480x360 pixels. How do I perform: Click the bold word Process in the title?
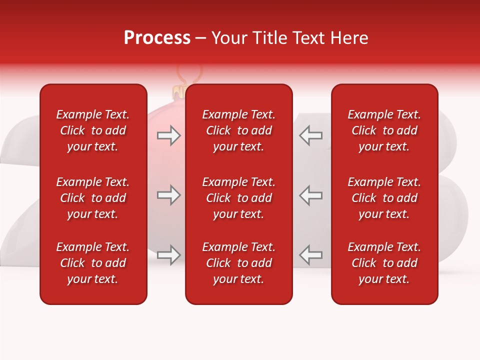tap(157, 38)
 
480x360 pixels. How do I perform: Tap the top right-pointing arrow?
tap(168, 135)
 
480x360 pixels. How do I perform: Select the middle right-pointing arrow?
tap(168, 195)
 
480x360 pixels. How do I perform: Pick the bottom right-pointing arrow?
tap(168, 255)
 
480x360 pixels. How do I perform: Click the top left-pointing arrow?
tap(310, 135)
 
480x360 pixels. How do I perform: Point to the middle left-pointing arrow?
tap(310, 195)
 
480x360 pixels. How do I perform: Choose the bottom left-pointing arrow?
tap(310, 255)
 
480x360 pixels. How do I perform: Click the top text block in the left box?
tap(93, 130)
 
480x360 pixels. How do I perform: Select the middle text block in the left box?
tap(93, 198)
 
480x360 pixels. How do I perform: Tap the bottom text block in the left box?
tap(93, 263)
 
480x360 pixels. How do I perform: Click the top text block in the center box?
tap(239, 130)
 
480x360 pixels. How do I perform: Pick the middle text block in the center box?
tap(239, 198)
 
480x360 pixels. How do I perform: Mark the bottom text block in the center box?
tap(239, 263)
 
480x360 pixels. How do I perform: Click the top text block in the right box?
tap(384, 130)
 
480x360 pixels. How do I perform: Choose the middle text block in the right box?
tap(384, 198)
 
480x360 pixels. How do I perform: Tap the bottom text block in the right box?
tap(384, 263)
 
